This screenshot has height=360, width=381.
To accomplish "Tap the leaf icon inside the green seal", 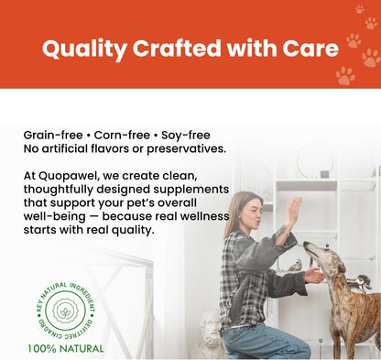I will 66,311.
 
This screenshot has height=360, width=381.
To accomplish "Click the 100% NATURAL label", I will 66,348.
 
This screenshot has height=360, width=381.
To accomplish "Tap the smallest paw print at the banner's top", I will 359,9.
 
